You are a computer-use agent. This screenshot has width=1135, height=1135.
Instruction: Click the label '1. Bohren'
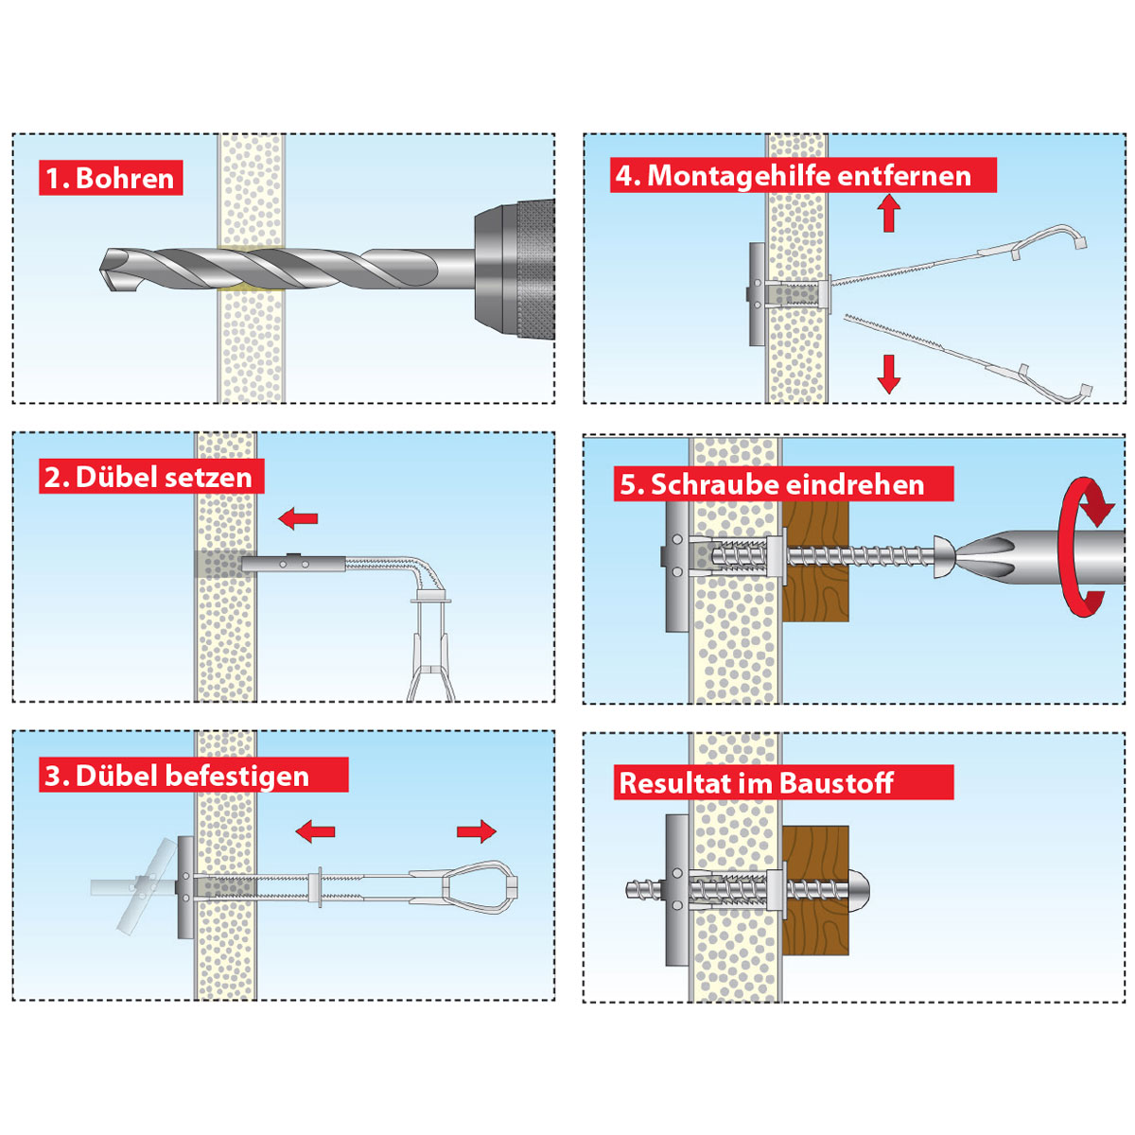tap(111, 178)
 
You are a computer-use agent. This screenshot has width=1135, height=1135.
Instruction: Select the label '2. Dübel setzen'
tap(148, 477)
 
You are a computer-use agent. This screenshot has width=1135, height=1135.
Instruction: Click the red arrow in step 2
tap(299, 517)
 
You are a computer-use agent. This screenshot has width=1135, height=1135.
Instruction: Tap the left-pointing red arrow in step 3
tap(315, 832)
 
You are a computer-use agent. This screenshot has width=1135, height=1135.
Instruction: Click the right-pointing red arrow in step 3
tap(477, 831)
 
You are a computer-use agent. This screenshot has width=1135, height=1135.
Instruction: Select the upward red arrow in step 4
tap(888, 213)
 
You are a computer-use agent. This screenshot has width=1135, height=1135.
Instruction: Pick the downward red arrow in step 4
tap(888, 374)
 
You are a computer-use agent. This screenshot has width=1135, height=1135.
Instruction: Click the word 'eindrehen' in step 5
tap(854, 484)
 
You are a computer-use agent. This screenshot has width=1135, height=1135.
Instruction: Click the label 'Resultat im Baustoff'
tap(756, 783)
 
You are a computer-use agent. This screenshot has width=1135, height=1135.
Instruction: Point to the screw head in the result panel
tap(859, 888)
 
